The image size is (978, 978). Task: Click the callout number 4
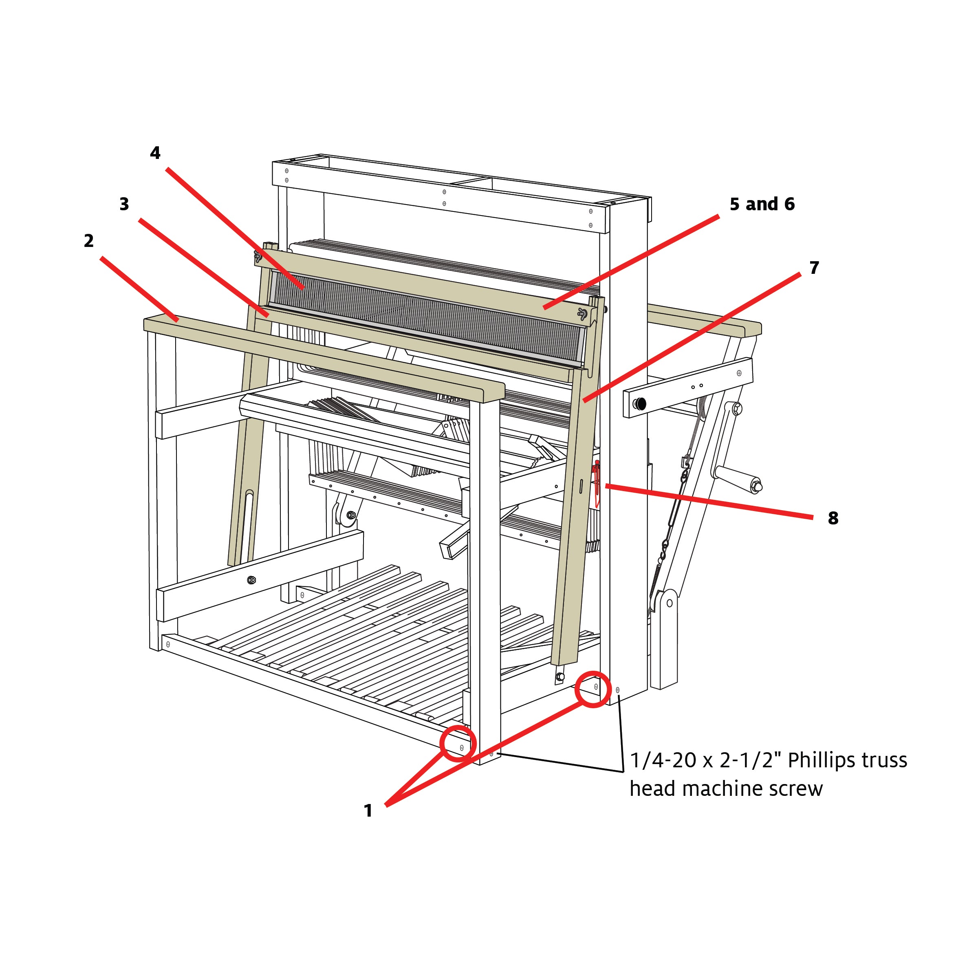click(155, 153)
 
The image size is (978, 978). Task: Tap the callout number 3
click(124, 204)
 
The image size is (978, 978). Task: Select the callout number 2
click(88, 241)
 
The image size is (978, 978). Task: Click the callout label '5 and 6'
click(762, 204)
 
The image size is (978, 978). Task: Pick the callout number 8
click(833, 518)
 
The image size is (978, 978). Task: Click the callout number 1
click(368, 811)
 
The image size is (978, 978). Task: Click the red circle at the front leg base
click(458, 744)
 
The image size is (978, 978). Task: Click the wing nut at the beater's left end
click(258, 257)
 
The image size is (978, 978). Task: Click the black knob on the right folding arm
click(641, 404)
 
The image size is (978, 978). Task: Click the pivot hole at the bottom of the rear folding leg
click(669, 604)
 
